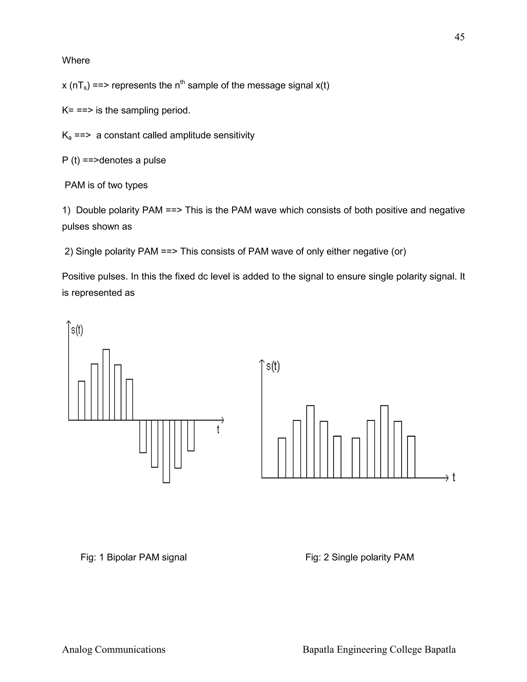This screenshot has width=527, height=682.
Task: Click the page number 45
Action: coord(459,37)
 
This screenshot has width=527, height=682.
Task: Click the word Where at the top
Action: coord(76,60)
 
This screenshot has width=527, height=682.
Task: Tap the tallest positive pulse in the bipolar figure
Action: coord(106,385)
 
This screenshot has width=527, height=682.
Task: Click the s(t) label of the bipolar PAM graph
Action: coord(77,330)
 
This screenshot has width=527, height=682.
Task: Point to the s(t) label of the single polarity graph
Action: coord(273,366)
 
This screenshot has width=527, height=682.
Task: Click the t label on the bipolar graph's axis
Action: coord(218,430)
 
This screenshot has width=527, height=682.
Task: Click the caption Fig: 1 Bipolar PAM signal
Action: coord(133,557)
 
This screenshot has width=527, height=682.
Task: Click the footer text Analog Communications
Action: coord(114,650)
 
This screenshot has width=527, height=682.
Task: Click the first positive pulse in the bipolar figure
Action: coord(82,401)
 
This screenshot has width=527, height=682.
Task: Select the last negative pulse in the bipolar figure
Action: coord(191,436)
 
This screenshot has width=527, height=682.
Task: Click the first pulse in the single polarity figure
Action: coord(282,458)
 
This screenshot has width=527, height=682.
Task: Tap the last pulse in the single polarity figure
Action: coord(411,457)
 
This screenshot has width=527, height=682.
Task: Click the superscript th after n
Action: coord(183,82)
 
